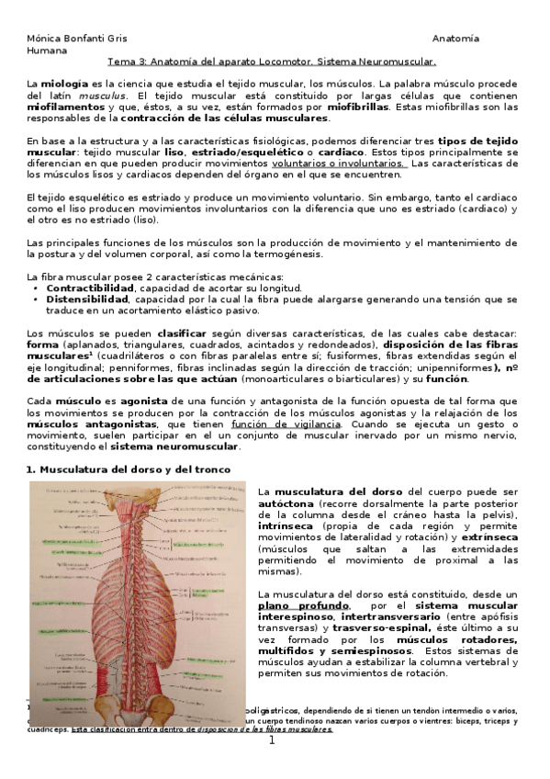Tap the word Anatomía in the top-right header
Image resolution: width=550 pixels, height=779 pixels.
coord(455,39)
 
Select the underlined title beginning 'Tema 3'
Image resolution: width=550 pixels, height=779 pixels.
coord(272,62)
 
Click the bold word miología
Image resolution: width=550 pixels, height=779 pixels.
coord(65,84)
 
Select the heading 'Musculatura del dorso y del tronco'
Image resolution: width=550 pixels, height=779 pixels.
coord(135,469)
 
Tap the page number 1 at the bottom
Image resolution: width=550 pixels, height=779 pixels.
coord(272,764)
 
